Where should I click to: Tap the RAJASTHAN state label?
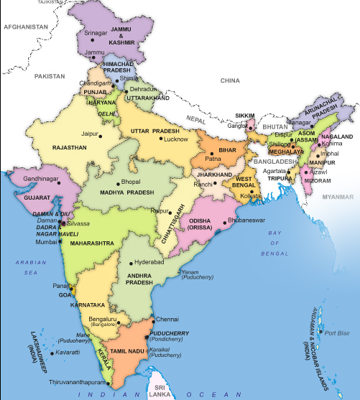coord(69,147)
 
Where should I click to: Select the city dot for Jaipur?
coord(101,134)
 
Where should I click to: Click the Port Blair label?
coord(336,332)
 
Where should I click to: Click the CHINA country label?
coord(230,80)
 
